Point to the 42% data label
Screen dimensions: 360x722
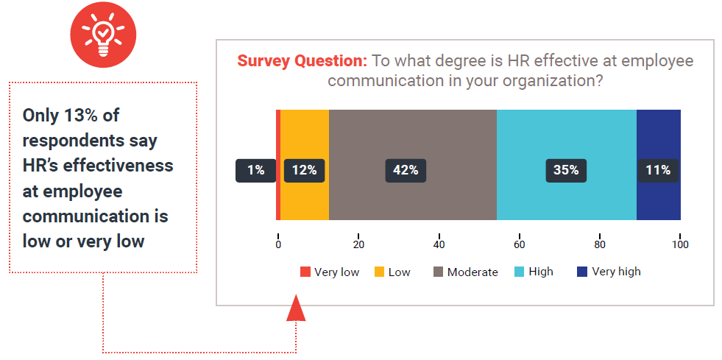[x=406, y=170]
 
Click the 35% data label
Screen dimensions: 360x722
[x=566, y=170]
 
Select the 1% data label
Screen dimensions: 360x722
[x=255, y=170]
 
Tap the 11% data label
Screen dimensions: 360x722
[x=658, y=170]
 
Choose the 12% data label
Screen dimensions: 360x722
[x=305, y=170]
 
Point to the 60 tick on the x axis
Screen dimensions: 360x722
[x=520, y=244]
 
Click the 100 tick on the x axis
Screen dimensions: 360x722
[x=680, y=244]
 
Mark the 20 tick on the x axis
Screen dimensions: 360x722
[x=358, y=244]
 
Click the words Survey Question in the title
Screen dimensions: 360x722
[x=302, y=61]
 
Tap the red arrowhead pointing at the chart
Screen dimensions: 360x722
[x=296, y=308]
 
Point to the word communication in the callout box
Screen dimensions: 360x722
[x=96, y=216]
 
